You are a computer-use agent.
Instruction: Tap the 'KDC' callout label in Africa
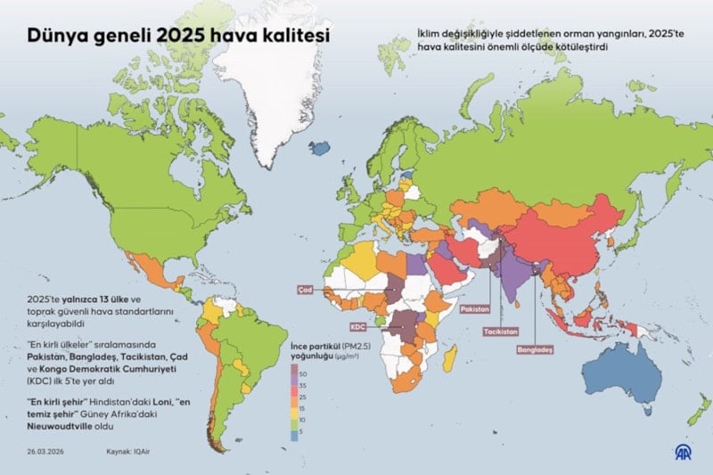pos(359,327)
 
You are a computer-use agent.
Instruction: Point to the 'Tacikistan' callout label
pos(501,332)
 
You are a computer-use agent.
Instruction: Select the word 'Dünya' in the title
pos(54,36)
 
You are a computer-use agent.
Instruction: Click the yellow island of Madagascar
pos(450,361)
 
